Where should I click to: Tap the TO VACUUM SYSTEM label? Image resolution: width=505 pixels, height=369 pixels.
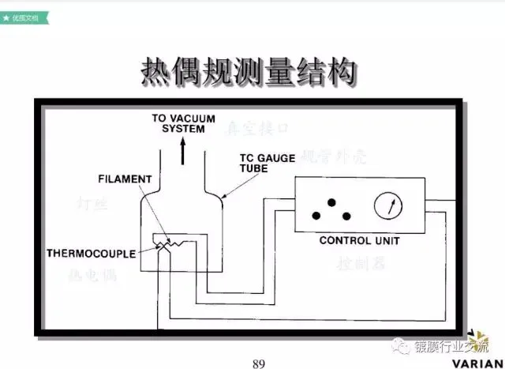click(183, 123)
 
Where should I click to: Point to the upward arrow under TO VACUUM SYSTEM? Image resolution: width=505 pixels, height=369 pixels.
click(183, 149)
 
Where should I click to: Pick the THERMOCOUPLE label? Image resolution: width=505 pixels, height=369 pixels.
click(91, 254)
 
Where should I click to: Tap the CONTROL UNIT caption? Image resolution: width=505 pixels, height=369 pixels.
click(359, 240)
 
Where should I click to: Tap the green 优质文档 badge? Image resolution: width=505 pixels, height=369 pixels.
click(24, 15)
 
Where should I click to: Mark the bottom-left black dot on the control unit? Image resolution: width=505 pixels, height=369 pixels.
click(316, 215)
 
